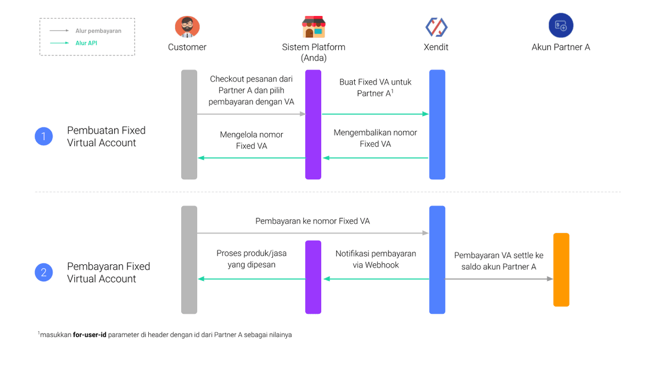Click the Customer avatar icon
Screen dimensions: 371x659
pyautogui.click(x=187, y=26)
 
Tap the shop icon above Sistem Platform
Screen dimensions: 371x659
pyautogui.click(x=314, y=26)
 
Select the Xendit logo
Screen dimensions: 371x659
pyautogui.click(x=436, y=26)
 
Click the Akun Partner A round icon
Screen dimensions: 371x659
pyautogui.click(x=561, y=26)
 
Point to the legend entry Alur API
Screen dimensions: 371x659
pyautogui.click(x=86, y=43)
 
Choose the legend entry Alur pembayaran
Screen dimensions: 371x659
pyautogui.click(x=98, y=31)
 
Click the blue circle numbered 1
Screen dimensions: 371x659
pyautogui.click(x=44, y=136)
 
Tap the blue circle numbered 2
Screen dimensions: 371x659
pyautogui.click(x=44, y=272)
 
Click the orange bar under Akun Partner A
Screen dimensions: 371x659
pyautogui.click(x=561, y=269)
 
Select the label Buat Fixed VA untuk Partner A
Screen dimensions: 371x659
pyautogui.click(x=375, y=87)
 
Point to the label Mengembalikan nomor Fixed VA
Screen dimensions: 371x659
pyautogui.click(x=375, y=138)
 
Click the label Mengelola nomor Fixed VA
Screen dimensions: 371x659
pyautogui.click(x=251, y=140)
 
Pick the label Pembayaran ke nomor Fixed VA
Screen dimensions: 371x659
pyautogui.click(x=312, y=221)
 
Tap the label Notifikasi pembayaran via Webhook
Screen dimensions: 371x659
pyautogui.click(x=376, y=259)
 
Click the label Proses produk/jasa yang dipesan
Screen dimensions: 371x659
pyautogui.click(x=251, y=259)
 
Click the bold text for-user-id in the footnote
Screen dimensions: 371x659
pyautogui.click(x=90, y=335)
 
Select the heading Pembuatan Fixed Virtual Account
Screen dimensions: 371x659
pyautogui.click(x=106, y=136)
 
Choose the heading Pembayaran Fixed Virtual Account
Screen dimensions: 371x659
pyautogui.click(x=108, y=272)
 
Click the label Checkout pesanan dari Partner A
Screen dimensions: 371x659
pyautogui.click(x=251, y=90)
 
